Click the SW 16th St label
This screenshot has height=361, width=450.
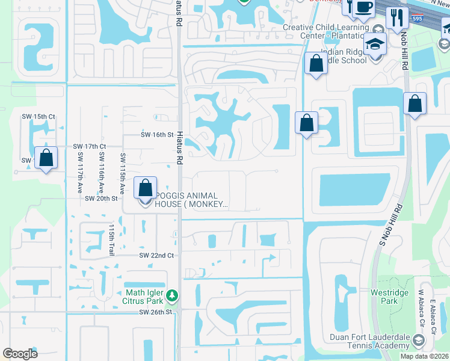tap(157, 135)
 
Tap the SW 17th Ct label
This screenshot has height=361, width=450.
tap(89, 146)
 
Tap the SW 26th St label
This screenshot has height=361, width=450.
tap(156, 312)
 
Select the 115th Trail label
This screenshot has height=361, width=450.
tap(111, 240)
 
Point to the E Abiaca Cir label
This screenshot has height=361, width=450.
tap(433, 308)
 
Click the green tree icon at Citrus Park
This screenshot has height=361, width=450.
tap(172, 296)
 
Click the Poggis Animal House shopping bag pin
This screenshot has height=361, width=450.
tap(146, 188)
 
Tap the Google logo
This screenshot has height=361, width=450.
tap(20, 354)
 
